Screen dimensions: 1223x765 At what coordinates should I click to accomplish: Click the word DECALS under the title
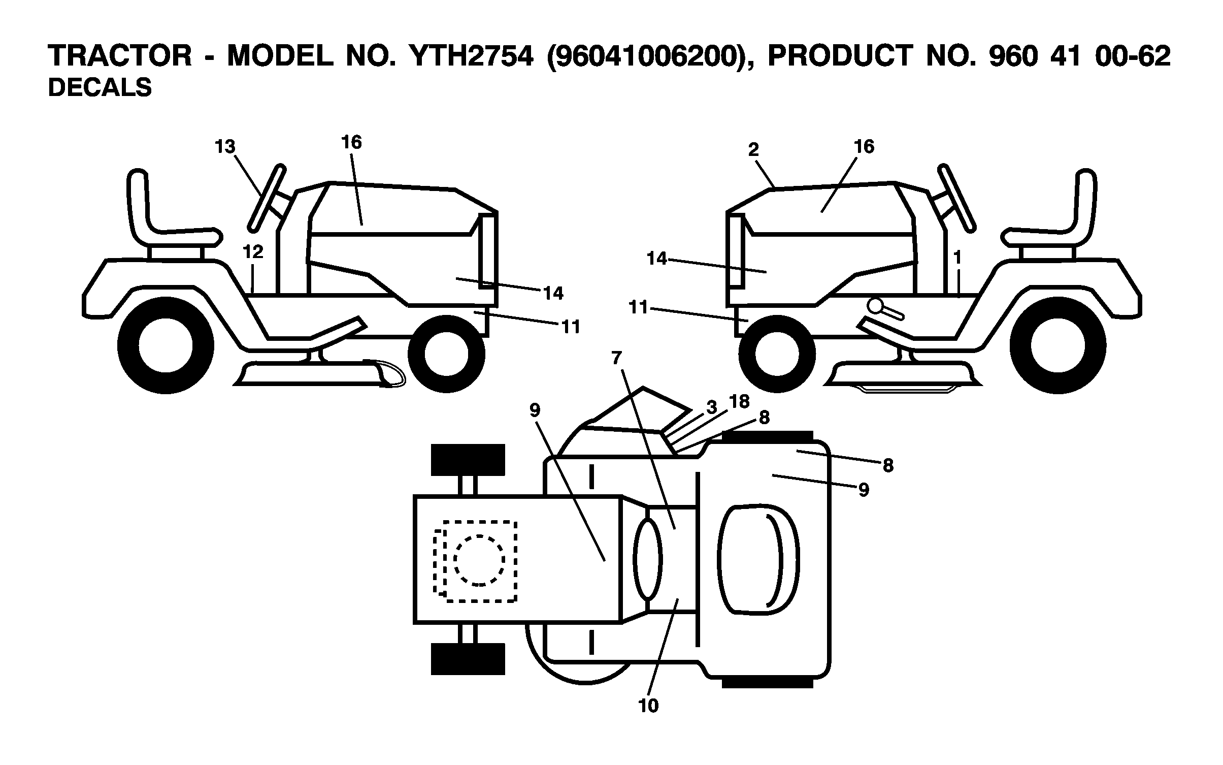point(100,87)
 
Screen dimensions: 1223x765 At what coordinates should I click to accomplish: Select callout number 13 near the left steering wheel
point(225,147)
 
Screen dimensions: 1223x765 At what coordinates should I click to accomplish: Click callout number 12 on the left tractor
point(253,251)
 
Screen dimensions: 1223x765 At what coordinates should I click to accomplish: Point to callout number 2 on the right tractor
point(753,149)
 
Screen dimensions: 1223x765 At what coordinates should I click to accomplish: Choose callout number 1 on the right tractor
point(957,258)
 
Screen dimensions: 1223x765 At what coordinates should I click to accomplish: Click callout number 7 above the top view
point(616,358)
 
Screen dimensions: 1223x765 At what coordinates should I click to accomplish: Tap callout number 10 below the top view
point(649,706)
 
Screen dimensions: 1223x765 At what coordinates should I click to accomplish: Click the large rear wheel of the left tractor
point(166,346)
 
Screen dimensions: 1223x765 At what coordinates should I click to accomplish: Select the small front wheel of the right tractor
point(777,353)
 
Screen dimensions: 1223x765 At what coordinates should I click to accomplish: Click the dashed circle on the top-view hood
point(479,560)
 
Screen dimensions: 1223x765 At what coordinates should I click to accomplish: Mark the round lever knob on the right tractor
point(875,306)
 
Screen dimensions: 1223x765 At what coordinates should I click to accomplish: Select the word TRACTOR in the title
point(120,56)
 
